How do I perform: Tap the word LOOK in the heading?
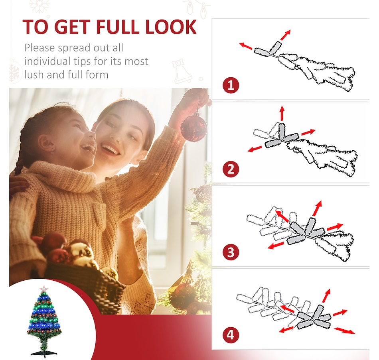coord(171,27)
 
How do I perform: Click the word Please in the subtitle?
coord(39,48)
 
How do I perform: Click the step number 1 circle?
coord(231,85)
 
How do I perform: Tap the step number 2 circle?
coord(231,169)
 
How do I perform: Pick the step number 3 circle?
coord(231,252)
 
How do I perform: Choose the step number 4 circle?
coord(231,335)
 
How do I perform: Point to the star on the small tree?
coord(44,288)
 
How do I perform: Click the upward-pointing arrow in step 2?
coord(282,113)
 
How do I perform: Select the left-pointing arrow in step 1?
coord(246,46)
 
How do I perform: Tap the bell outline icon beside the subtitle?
coord(181,71)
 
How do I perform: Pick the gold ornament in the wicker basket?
coord(81,252)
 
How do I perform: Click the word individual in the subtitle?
coord(48,61)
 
